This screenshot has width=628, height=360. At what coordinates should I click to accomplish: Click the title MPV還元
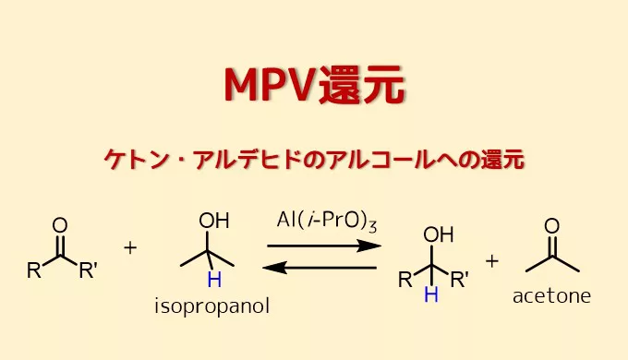[314, 87]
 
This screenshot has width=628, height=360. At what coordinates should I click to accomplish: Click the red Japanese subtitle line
[314, 160]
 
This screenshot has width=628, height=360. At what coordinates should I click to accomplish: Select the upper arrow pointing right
[323, 246]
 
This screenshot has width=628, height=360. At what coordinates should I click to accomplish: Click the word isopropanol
[211, 306]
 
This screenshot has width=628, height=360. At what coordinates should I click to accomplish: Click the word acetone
[551, 297]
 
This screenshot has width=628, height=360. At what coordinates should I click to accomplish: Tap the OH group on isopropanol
[214, 222]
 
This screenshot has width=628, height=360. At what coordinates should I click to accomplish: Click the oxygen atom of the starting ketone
[60, 225]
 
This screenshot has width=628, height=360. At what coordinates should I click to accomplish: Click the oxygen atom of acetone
[552, 225]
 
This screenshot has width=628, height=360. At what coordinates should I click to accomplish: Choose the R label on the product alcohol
[405, 280]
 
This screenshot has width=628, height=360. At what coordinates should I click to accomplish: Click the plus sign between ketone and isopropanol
[130, 248]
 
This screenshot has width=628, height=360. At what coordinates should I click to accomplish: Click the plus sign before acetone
[492, 260]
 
